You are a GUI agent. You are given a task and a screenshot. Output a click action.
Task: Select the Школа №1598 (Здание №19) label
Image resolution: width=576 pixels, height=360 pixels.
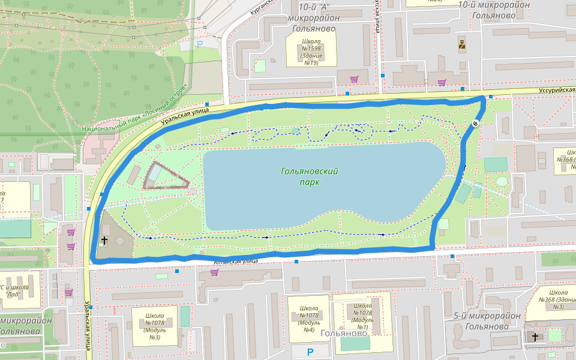[311, 52]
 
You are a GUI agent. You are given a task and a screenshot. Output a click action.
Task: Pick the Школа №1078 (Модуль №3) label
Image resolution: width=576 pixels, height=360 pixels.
[155, 326]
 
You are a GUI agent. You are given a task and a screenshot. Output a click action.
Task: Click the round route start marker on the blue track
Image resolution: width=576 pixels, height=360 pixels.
[475, 124]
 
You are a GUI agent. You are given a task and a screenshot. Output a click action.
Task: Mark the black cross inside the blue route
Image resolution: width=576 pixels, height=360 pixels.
[104, 241]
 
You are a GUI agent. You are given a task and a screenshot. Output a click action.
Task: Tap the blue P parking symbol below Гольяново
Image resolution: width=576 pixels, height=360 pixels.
[310, 352]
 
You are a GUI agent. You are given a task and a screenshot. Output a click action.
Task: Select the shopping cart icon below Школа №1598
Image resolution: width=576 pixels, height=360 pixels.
[354, 79]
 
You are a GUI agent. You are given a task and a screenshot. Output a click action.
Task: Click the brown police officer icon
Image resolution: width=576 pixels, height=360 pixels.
[462, 44]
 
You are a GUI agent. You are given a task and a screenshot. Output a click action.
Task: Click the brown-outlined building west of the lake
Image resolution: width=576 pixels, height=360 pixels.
[164, 176]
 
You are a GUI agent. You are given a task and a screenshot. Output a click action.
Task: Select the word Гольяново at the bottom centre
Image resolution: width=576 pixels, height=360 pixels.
[344, 333]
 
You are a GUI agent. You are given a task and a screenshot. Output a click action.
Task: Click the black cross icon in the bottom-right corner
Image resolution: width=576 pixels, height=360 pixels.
[535, 337]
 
